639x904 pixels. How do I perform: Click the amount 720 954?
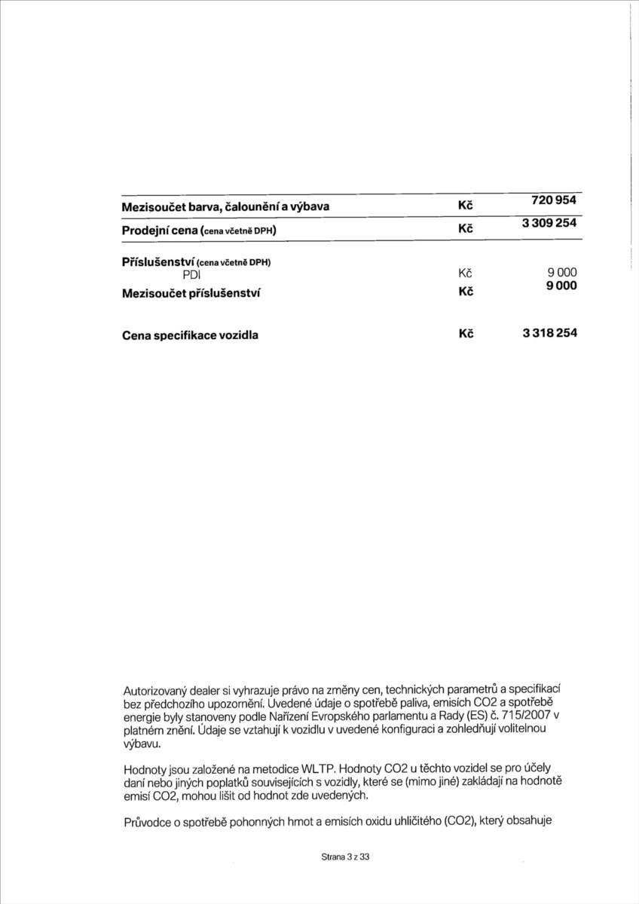click(x=554, y=201)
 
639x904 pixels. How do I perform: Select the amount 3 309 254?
click(x=549, y=224)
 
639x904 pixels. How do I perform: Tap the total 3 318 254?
click(x=549, y=334)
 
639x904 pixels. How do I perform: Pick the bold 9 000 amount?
click(x=562, y=286)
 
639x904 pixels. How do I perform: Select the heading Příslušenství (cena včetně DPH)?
click(x=196, y=262)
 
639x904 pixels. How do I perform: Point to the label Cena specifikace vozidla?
click(x=190, y=335)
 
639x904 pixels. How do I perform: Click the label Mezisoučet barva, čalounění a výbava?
click(x=225, y=206)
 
